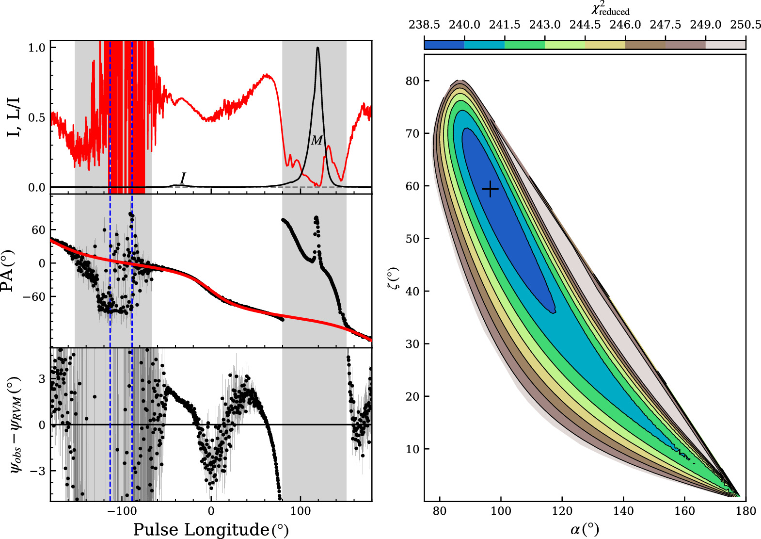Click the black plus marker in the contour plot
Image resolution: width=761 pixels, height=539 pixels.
pyautogui.click(x=490, y=189)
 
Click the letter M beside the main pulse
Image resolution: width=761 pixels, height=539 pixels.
pyautogui.click(x=317, y=141)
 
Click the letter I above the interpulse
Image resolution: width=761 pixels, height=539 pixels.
pyautogui.click(x=183, y=178)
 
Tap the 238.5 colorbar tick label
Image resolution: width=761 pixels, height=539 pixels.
pyautogui.click(x=424, y=25)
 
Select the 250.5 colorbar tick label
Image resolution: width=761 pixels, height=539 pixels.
pyautogui.click(x=745, y=25)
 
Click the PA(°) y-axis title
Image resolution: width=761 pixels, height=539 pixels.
pyautogui.click(x=13, y=271)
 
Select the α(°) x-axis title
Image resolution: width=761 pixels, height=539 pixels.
pyautogui.click(x=585, y=529)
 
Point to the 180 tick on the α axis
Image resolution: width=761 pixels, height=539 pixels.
pyautogui.click(x=745, y=511)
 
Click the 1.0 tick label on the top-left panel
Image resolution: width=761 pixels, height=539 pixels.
pyautogui.click(x=37, y=48)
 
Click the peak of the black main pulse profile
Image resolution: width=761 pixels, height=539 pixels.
pyautogui.click(x=317, y=48)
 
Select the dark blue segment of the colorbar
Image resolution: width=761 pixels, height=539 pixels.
pyautogui.click(x=444, y=45)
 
